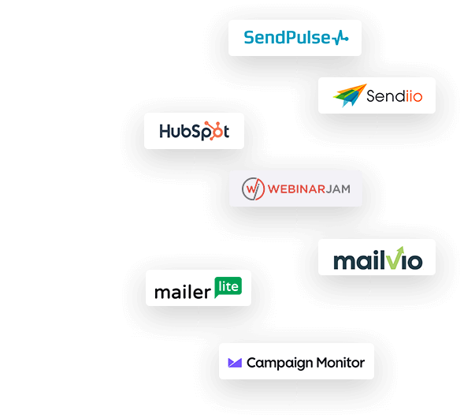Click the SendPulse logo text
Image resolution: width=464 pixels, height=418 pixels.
pyautogui.click(x=287, y=38)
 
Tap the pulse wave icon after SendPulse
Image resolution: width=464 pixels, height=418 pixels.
pyautogui.click(x=340, y=38)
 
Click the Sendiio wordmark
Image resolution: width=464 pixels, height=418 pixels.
pyautogui.click(x=394, y=96)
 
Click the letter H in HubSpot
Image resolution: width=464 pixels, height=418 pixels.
pyautogui.click(x=165, y=131)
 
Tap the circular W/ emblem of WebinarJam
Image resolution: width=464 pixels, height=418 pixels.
pyautogui.click(x=253, y=188)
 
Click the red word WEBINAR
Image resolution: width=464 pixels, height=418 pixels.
pyautogui.click(x=296, y=188)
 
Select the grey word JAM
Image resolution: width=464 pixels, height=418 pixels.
pyautogui.click(x=338, y=188)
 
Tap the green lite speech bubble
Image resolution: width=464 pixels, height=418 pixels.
pyautogui.click(x=228, y=287)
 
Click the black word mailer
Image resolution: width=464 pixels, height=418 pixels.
pyautogui.click(x=183, y=292)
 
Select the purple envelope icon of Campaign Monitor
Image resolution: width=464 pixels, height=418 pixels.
pyautogui.click(x=235, y=363)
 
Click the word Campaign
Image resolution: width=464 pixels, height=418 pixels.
pyautogui.click(x=280, y=364)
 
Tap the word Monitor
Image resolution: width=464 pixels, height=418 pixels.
pyautogui.click(x=340, y=362)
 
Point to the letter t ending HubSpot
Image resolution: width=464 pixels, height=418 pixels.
pyautogui.click(x=226, y=132)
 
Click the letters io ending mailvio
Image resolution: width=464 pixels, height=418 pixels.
pyautogui.click(x=414, y=261)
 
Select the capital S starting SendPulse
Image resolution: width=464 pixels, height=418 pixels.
pyautogui.click(x=249, y=38)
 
